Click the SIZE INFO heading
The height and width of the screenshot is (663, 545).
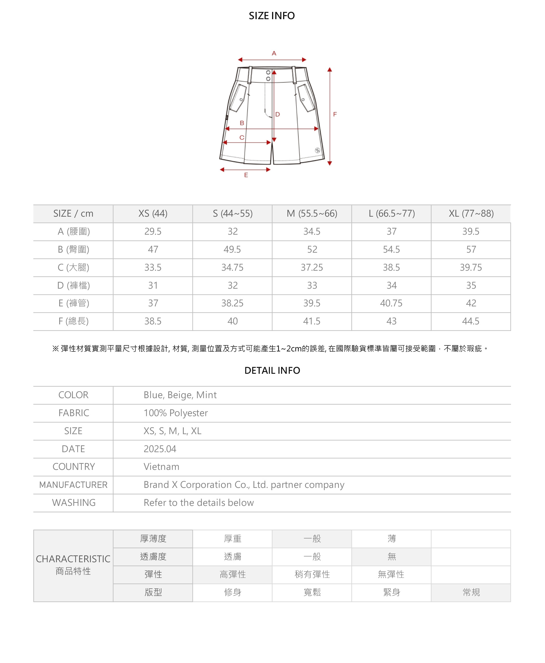(272, 16)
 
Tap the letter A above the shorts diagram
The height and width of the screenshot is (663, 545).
(274, 53)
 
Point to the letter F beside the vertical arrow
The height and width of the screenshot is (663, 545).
(335, 114)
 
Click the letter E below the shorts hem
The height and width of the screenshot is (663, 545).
(246, 175)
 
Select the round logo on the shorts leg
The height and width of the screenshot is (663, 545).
(318, 150)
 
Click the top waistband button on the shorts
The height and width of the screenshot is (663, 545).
(268, 73)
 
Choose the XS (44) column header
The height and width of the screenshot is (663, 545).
(153, 214)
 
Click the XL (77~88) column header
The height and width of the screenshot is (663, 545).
(471, 214)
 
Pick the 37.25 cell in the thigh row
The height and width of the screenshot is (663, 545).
(312, 267)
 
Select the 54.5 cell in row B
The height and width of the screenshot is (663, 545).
(391, 249)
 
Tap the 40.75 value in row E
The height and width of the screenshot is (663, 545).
(391, 303)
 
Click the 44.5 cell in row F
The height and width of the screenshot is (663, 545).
(471, 321)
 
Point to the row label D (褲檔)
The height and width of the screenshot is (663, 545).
(73, 285)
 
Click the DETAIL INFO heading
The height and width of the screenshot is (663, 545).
(272, 371)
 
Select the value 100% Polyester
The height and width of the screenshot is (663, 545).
(175, 413)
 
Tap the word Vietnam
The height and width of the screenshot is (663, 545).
(161, 467)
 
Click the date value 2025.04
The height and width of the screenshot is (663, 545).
(160, 449)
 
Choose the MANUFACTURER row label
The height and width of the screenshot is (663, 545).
(73, 485)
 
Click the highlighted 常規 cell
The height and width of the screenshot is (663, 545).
(471, 592)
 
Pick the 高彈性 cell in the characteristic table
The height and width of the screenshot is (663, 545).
(233, 574)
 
